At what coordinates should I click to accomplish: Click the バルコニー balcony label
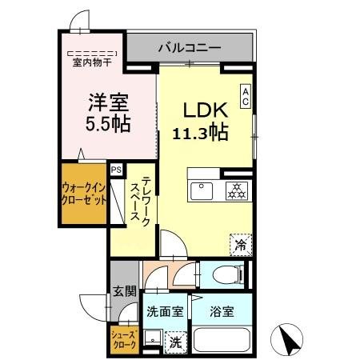189,48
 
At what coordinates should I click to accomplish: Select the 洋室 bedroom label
108,102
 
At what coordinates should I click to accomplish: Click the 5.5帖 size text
108,124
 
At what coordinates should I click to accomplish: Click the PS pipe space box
117,170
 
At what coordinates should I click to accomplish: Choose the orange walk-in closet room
83,194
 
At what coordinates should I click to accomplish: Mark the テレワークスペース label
142,205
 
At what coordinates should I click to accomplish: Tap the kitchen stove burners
236,191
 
